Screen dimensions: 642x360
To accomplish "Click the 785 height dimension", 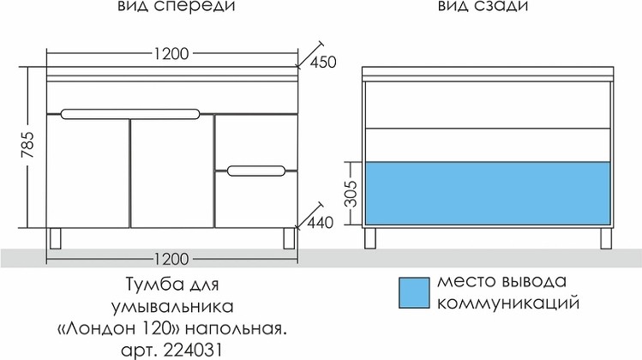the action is [28, 145].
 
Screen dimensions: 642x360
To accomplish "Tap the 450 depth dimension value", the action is [323, 63].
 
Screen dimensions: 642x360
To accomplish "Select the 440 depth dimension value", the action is [320, 223].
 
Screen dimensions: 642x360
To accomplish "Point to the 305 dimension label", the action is [351, 194].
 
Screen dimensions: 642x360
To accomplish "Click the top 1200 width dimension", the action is [171, 54].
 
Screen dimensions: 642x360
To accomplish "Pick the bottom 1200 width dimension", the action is [171, 259].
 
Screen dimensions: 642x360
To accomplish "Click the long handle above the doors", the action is [130, 114].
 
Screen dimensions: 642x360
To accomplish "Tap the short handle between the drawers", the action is [256, 171].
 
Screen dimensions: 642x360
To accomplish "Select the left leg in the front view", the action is [55, 238].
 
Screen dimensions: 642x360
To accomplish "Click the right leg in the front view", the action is [289, 238].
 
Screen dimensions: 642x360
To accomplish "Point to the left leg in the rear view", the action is [370, 238].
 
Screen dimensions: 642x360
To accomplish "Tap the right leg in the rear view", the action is [606, 238].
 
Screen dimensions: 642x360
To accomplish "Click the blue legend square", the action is [414, 292].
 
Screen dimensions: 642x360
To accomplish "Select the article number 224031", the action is [193, 351].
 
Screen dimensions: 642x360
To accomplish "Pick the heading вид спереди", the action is [177, 7].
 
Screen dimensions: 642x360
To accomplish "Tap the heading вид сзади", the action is [483, 7].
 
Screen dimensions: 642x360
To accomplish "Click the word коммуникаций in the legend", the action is [508, 304].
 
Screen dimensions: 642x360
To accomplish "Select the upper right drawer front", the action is [256, 141].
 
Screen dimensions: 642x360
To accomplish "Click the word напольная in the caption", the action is [237, 329].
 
